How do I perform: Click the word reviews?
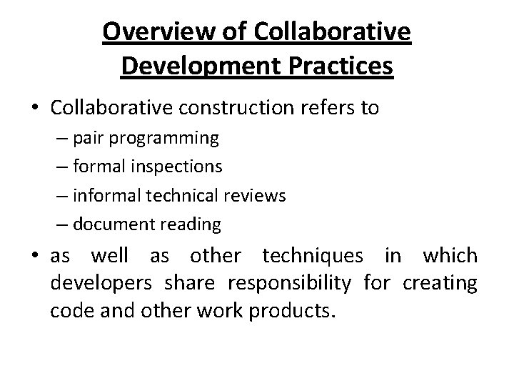(x=255, y=196)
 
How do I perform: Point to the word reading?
(x=191, y=224)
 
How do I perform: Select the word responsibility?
(x=289, y=284)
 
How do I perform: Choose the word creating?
(x=440, y=284)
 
